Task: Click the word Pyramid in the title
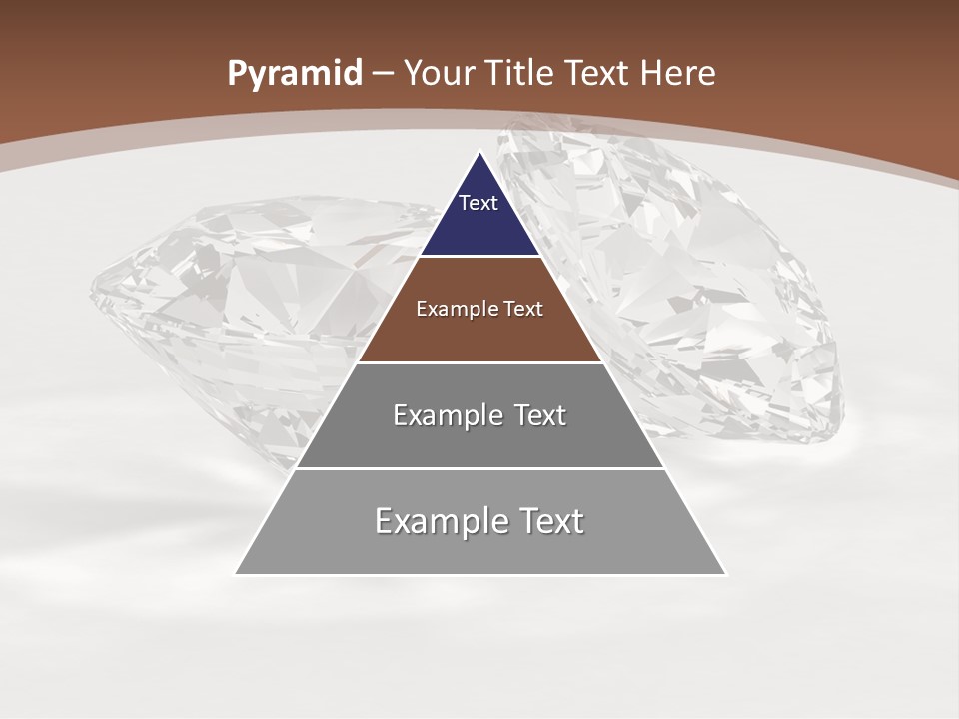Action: tap(294, 74)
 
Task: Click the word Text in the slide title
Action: tap(596, 73)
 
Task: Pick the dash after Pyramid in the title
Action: tap(384, 74)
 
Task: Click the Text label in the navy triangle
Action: tap(479, 203)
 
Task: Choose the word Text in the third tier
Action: tap(536, 415)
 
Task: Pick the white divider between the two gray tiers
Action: tap(480, 468)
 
